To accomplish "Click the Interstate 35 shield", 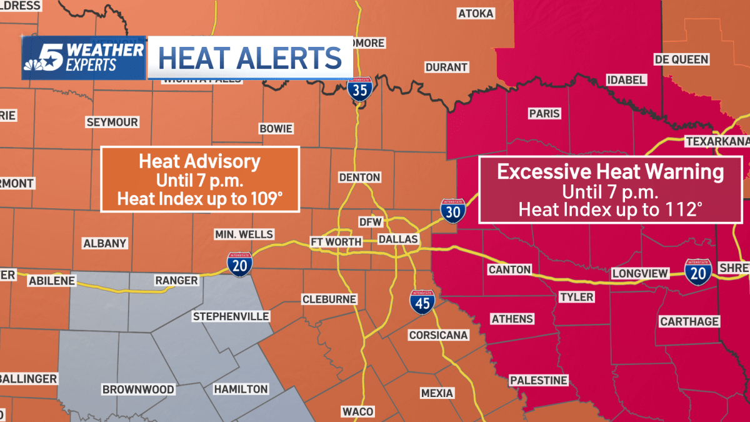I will coord(359,90).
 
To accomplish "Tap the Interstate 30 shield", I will coord(452,211).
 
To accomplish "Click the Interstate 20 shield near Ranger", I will coord(239,264).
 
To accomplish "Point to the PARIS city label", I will coord(544,114).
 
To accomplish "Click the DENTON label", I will coord(359,177).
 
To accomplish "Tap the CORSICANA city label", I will coord(438,335).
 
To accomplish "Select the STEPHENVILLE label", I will coord(231,316).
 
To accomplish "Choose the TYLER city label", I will coord(576,296).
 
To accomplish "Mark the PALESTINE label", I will coord(538,380).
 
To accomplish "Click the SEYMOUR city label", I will coord(112,122).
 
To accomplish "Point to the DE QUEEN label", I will coord(681,59).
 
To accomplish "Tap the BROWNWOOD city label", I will coord(138,389).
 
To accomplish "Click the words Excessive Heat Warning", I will coord(610,172).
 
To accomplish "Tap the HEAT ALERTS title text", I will coord(250,58).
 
